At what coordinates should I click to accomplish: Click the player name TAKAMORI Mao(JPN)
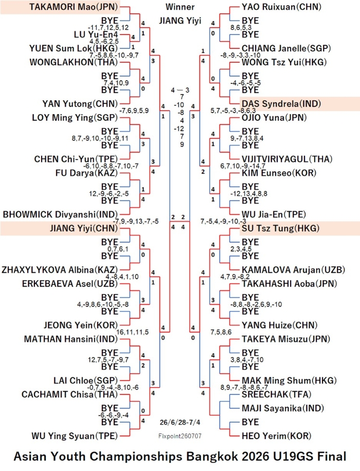click(74, 7)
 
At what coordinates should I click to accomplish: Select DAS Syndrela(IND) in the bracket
click(281, 104)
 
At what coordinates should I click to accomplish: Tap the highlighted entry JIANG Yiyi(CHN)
click(84, 228)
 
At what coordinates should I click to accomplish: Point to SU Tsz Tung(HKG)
click(280, 228)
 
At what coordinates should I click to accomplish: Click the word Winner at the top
click(180, 7)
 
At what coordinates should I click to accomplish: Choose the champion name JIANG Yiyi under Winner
click(180, 21)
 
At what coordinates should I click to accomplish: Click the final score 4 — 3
click(180, 90)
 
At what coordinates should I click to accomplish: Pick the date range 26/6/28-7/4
click(180, 422)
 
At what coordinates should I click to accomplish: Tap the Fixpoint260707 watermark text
click(180, 436)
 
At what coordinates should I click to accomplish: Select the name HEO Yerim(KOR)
click(277, 436)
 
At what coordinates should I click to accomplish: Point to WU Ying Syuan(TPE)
click(75, 436)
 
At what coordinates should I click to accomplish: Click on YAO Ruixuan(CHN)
click(281, 7)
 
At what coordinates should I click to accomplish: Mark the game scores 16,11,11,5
click(132, 332)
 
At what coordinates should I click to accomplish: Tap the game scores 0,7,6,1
click(118, 249)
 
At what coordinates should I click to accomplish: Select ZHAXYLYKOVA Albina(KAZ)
click(60, 270)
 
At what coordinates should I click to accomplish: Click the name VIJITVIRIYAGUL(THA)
click(287, 159)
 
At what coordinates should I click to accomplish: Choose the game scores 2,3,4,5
click(241, 249)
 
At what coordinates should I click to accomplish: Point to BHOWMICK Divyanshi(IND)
click(60, 215)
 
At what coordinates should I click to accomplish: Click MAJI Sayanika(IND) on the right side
click(283, 408)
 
